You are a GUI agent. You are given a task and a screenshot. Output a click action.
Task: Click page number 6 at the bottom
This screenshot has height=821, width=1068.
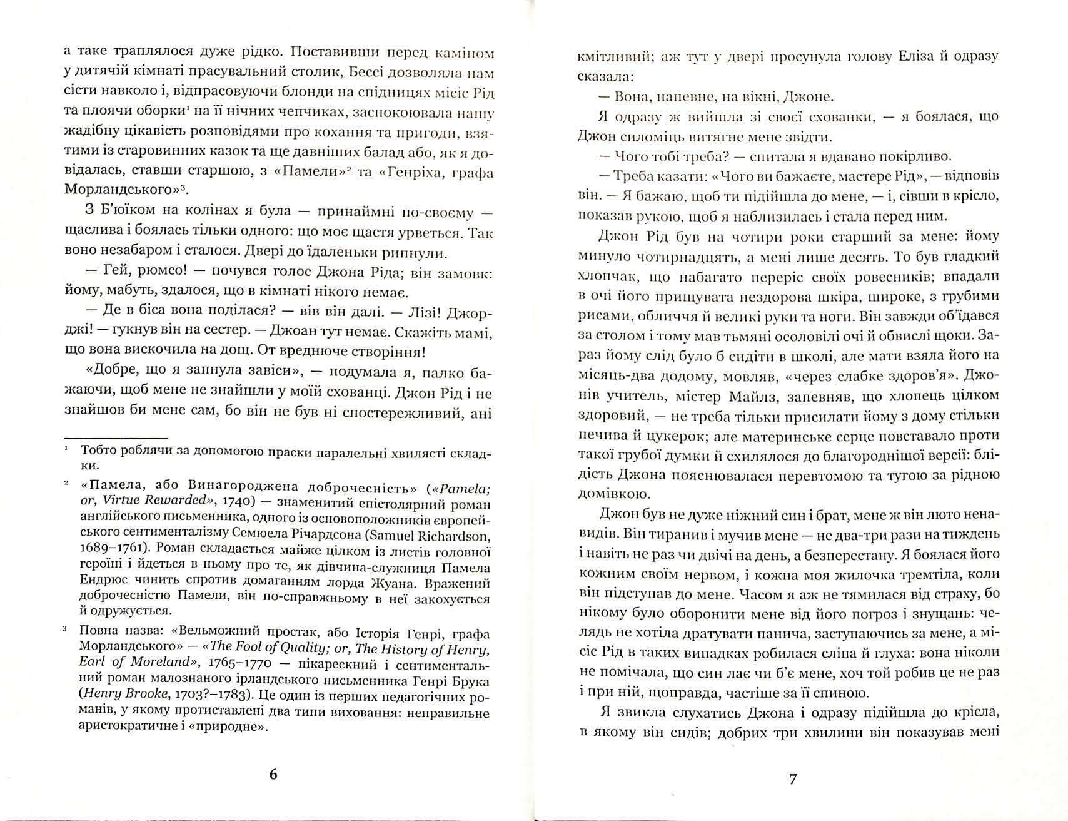coord(272,774)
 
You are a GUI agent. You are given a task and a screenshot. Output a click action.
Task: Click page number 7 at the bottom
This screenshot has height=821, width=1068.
coord(793,779)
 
